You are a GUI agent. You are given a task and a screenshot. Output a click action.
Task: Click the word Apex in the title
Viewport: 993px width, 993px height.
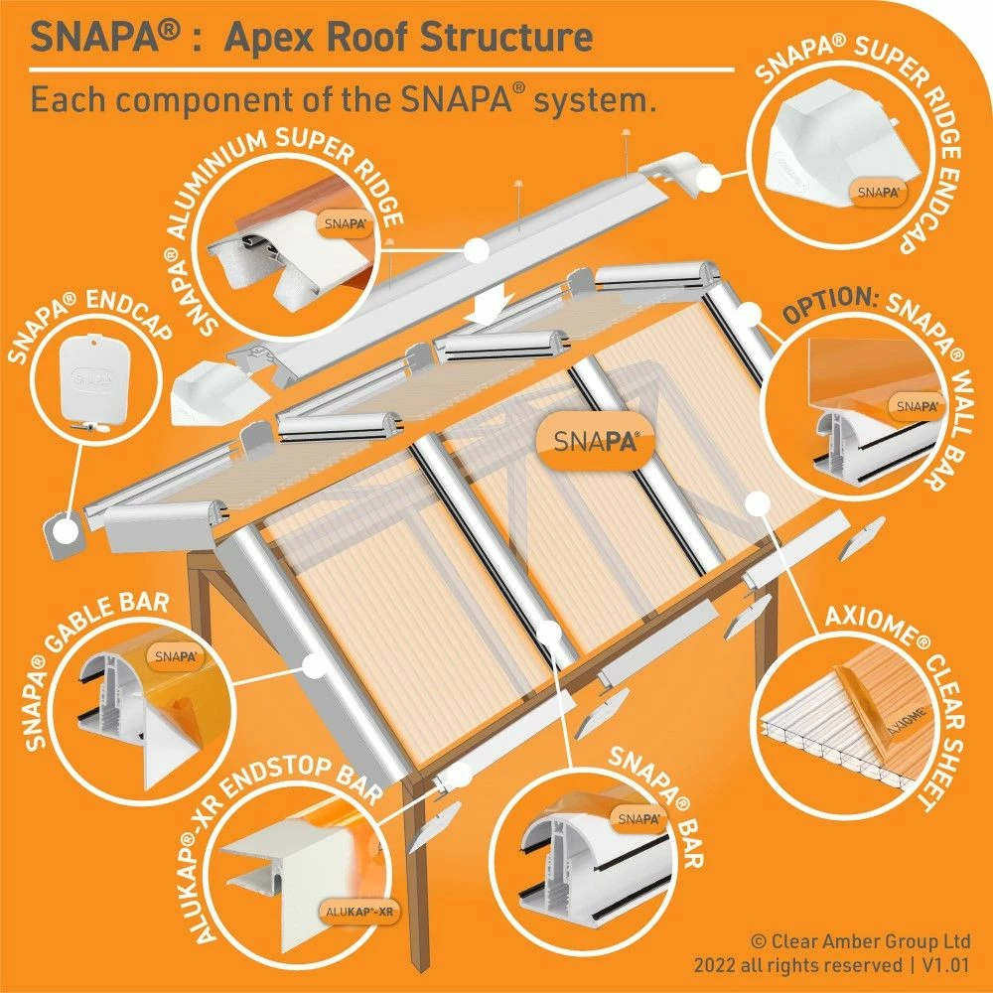coord(271,38)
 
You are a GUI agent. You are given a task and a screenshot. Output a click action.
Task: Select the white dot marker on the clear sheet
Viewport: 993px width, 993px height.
coord(759,502)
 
